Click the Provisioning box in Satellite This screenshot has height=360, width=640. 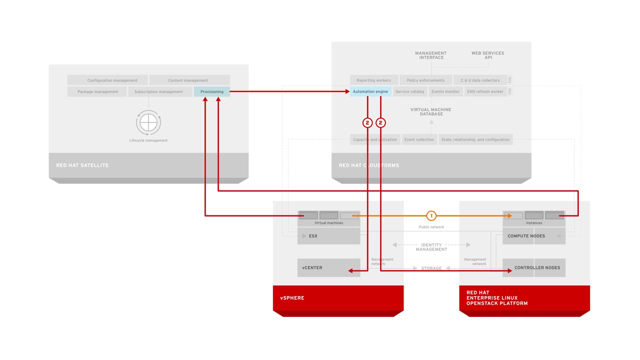212,91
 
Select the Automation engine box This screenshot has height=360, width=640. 370,91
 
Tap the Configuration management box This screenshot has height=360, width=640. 107,80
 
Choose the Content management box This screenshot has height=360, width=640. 189,80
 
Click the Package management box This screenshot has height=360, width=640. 97,91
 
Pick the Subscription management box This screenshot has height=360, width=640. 159,91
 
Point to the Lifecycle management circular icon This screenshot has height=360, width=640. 148,122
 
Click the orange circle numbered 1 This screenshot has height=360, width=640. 431,215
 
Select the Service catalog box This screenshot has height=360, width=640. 409,91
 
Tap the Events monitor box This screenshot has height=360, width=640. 445,91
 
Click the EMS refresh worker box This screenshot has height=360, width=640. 485,91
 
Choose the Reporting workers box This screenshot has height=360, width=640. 373,80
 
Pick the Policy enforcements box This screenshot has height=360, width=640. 425,80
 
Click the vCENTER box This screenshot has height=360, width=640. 328,267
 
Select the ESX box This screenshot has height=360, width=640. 328,236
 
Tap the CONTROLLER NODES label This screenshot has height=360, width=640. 537,267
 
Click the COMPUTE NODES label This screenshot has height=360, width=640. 526,236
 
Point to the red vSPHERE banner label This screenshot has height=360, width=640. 292,298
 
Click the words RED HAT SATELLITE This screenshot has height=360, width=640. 82,165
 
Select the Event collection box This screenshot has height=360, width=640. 419,139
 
